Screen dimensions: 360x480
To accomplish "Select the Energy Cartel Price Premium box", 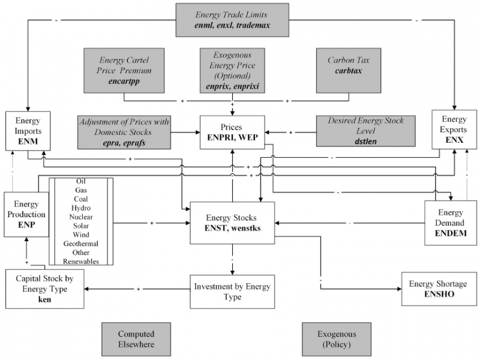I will click(x=124, y=71).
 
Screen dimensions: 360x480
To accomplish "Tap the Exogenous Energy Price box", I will click(x=232, y=71).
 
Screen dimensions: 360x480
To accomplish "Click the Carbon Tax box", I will click(x=348, y=71).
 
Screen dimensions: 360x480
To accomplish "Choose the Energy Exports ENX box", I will click(x=454, y=129).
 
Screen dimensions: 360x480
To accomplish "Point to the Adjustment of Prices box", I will click(x=124, y=132).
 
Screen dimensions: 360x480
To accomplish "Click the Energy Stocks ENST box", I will click(x=232, y=222).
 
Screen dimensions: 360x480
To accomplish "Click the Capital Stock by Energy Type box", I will click(x=44, y=289).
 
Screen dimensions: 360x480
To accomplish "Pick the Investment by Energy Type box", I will click(x=232, y=291).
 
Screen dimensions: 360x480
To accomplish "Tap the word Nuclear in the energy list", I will click(x=80, y=217).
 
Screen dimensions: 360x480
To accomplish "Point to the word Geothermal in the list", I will click(x=80, y=244).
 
